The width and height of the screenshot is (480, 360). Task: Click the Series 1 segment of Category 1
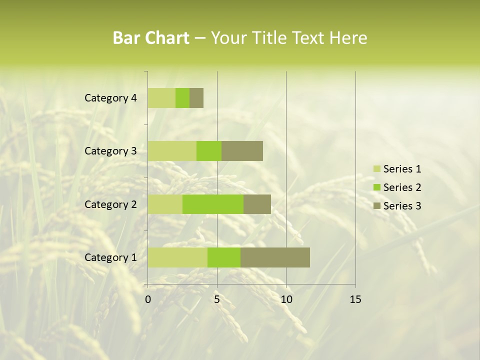point(177,257)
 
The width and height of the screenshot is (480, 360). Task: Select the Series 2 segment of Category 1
point(224,257)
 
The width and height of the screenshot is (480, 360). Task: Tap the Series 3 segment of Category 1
point(275,257)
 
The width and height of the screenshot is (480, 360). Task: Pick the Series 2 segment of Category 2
point(213,204)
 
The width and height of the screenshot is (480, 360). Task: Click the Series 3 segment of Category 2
point(257,204)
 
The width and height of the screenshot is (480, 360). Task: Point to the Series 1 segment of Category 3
point(172,151)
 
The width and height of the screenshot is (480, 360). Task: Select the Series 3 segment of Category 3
point(242,151)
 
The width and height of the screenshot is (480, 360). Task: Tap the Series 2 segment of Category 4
point(182,98)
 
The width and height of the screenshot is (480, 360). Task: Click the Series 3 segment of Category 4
point(196,98)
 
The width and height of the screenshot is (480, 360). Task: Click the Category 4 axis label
point(110,98)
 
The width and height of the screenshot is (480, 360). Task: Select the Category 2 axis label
point(110,204)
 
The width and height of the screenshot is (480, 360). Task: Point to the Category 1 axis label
point(110,257)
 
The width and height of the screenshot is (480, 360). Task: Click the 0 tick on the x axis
point(148,299)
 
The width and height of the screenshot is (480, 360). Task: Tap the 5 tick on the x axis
point(217,299)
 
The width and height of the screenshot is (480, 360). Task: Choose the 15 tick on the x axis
point(355,299)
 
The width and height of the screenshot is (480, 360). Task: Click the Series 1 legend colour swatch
point(376,169)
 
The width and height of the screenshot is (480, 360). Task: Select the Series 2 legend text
point(402,187)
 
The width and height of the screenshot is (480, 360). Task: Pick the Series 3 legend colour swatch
point(376,206)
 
